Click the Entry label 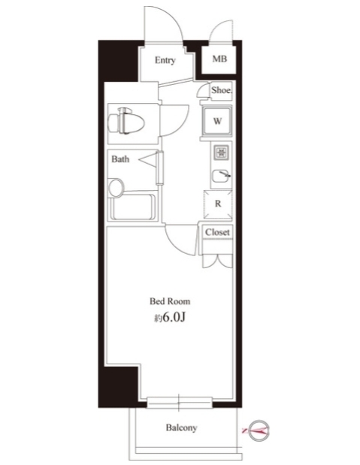[165, 60]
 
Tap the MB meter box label [219, 59]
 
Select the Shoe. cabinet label [222, 90]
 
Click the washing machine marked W [217, 121]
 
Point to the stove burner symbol [221, 152]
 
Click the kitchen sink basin [220, 176]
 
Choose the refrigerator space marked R [218, 204]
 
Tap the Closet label [217, 232]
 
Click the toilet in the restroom [126, 121]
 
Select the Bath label [120, 159]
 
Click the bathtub [133, 207]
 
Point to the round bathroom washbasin [116, 187]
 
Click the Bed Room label [170, 301]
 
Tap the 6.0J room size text [174, 318]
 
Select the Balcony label [181, 427]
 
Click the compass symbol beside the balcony [259, 430]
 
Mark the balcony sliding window [180, 403]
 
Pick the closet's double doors [217, 261]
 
